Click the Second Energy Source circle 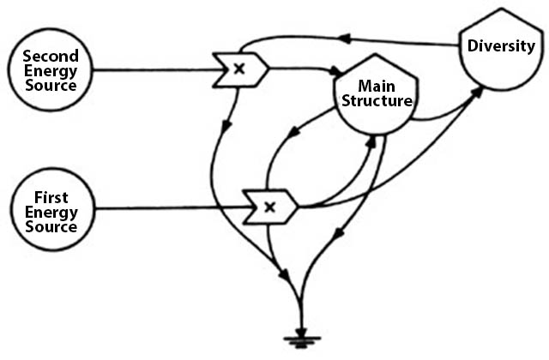[x=50, y=69]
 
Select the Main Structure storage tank [x=376, y=99]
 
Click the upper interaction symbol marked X [x=241, y=69]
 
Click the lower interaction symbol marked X [x=270, y=207]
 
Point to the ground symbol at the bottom [x=303, y=339]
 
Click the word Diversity [x=501, y=45]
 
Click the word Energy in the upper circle [x=50, y=70]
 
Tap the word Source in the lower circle [x=50, y=227]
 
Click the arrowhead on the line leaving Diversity [x=342, y=38]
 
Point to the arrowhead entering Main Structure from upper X [x=338, y=70]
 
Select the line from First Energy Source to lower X [x=163, y=207]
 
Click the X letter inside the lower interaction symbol [x=268, y=207]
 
